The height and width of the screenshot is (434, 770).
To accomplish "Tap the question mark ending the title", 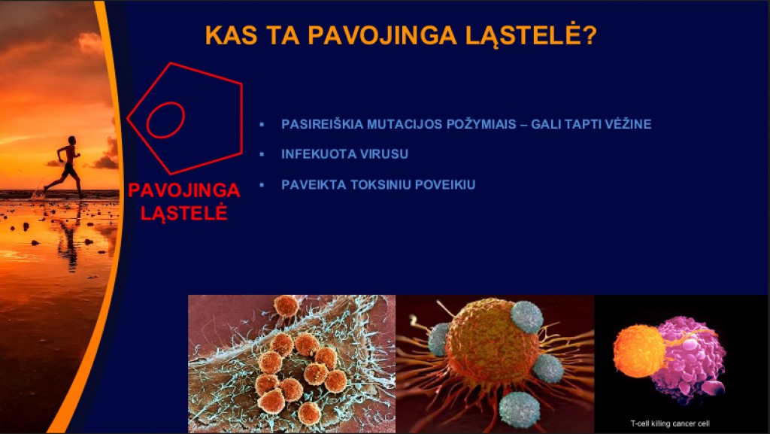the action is [x=590, y=35].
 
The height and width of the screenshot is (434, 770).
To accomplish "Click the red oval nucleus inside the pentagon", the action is [x=165, y=120].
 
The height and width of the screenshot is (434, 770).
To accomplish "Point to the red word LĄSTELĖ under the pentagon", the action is [x=184, y=212].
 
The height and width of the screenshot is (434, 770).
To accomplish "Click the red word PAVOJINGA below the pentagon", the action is [x=184, y=190].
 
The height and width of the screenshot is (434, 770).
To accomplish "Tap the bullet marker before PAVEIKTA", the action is [x=262, y=185].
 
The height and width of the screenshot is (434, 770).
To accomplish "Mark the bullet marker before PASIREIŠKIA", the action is [x=262, y=124].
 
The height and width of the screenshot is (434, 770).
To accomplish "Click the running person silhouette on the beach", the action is [x=68, y=166].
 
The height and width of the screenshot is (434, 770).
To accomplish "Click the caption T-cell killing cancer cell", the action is [x=670, y=423].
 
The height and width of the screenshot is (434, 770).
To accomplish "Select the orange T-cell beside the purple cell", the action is [x=639, y=351].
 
